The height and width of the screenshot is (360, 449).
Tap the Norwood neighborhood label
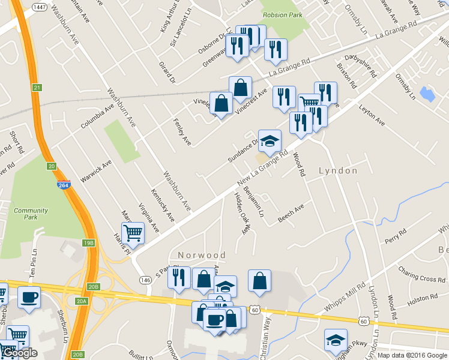[x=202, y=255]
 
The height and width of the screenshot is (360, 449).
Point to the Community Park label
[x=31, y=214]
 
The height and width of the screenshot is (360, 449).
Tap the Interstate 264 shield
[x=63, y=185]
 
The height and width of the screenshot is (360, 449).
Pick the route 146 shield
[x=145, y=280]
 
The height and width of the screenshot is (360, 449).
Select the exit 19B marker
[x=88, y=243]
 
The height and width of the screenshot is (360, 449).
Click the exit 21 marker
[x=37, y=88]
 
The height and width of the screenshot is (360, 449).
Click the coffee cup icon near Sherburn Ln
[x=29, y=297]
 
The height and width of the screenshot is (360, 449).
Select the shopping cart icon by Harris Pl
[x=133, y=232]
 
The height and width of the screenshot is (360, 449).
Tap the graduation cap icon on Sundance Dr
[x=270, y=141]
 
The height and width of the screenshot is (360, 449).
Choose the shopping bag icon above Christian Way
[x=259, y=281]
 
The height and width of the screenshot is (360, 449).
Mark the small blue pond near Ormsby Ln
[x=428, y=94]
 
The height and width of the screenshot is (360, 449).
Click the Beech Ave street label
[x=291, y=214]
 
